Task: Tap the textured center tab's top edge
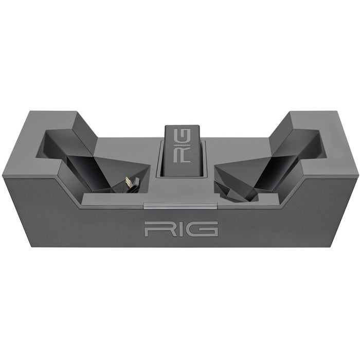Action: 180,128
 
